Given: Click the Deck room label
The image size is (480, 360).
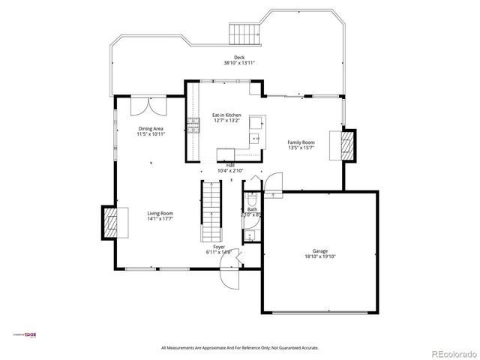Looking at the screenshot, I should point(239,58).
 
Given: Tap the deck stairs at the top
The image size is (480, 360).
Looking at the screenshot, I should point(244,34).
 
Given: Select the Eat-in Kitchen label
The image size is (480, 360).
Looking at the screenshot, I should point(227,115).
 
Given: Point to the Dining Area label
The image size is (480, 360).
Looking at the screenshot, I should point(150,129).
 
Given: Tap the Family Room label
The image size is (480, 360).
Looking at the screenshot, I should point(301,142).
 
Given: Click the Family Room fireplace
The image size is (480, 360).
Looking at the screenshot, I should point(348,144).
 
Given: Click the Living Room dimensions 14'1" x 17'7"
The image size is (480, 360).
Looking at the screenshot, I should point(160,218).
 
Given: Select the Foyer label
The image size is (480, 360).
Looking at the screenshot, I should point(219,246).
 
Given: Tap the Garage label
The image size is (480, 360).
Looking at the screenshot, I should point(320,250).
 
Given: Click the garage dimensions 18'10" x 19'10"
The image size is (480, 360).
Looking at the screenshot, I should point(320,256).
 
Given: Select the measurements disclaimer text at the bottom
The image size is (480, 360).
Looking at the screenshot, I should point(240,348).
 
